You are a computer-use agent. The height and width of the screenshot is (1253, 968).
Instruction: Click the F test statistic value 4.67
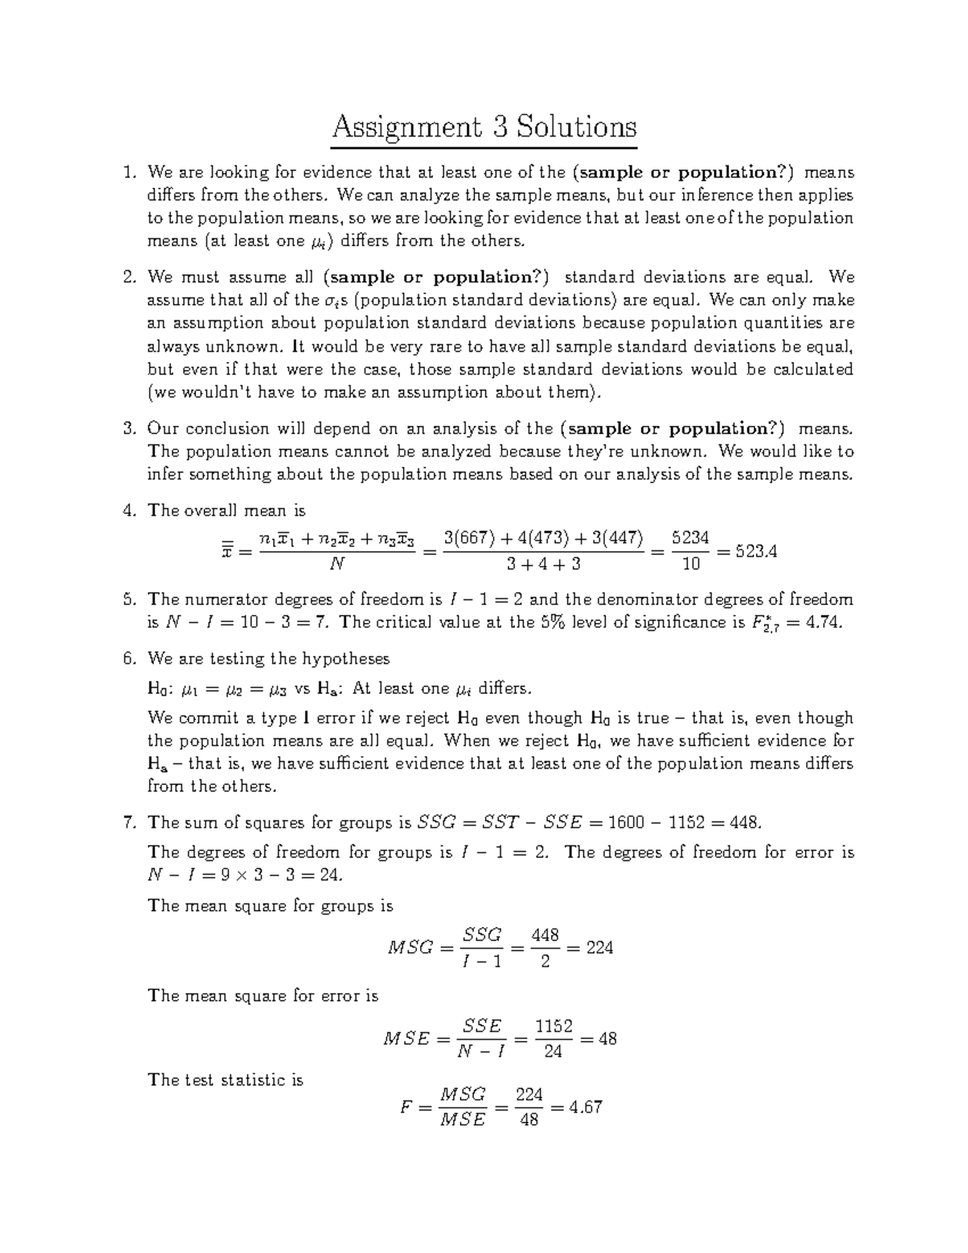(585, 1107)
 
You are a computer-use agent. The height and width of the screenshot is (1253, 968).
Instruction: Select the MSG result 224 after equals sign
(599, 948)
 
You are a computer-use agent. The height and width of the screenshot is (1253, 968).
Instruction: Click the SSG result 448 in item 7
(741, 822)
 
